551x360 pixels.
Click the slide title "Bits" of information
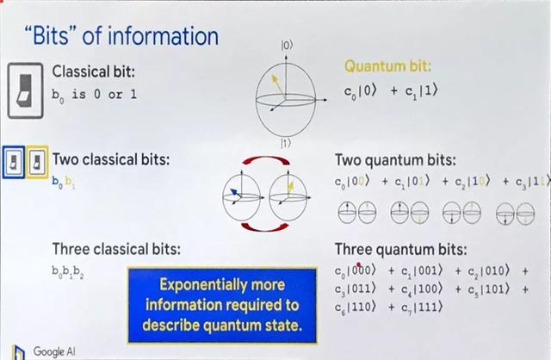pos(121,35)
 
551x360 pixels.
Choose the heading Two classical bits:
pos(110,159)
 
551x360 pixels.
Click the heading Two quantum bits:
pos(394,160)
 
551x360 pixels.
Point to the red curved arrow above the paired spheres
pos(257,164)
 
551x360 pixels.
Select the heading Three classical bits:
pos(116,249)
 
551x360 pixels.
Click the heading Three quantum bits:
pos(400,250)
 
